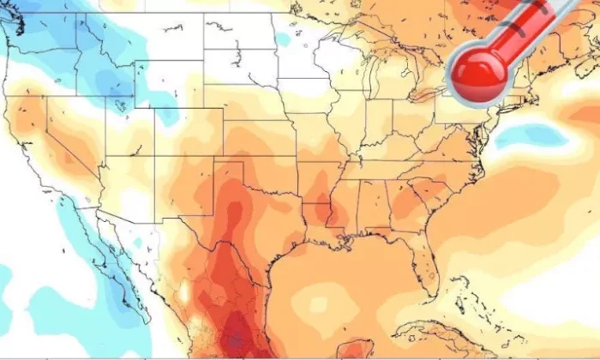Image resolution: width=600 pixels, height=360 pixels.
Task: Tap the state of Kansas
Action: click(x=257, y=141)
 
